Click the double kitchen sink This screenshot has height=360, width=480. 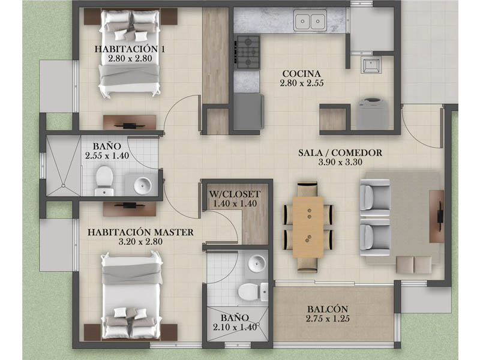[x=310, y=20]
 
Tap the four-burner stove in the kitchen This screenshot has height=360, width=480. [x=247, y=52]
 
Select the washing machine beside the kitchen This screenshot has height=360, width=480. [x=372, y=113]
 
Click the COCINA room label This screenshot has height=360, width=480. [x=302, y=74]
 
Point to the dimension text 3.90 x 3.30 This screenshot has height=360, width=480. [x=340, y=162]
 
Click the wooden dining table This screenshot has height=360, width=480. [x=308, y=227]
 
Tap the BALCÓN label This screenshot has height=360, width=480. [x=328, y=309]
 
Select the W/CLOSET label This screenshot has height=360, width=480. [x=235, y=194]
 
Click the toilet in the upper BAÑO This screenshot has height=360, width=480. [x=104, y=181]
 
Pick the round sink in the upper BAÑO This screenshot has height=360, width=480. [x=143, y=185]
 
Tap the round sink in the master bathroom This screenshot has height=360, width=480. [x=257, y=263]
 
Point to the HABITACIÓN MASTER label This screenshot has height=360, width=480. [x=140, y=232]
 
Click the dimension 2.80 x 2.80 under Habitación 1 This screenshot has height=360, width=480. [x=130, y=58]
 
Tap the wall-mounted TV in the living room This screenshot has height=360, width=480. [x=440, y=216]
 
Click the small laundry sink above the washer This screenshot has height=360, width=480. [x=371, y=65]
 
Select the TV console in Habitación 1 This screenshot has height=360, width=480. [x=130, y=122]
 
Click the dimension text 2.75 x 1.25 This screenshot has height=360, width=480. [x=328, y=319]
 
